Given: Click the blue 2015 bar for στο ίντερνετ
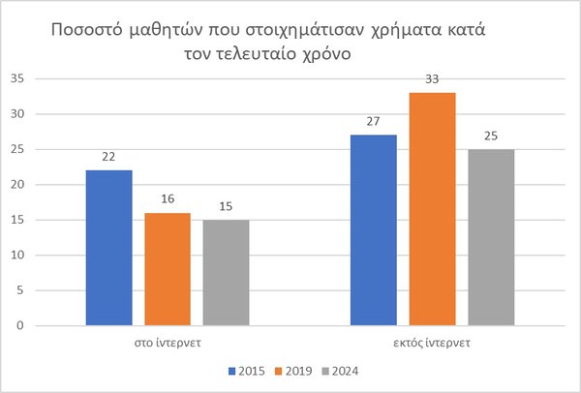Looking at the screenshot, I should coord(108,248).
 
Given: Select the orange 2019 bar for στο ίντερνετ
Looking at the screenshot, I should coord(168,269).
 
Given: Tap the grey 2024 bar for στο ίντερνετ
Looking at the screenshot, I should coord(226,272).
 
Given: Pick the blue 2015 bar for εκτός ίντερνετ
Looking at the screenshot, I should coord(373,230).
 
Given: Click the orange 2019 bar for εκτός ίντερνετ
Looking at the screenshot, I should coord(432,209).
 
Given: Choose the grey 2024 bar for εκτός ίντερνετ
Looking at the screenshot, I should coord(491,237).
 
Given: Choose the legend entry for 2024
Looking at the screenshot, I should coord(345,370).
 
